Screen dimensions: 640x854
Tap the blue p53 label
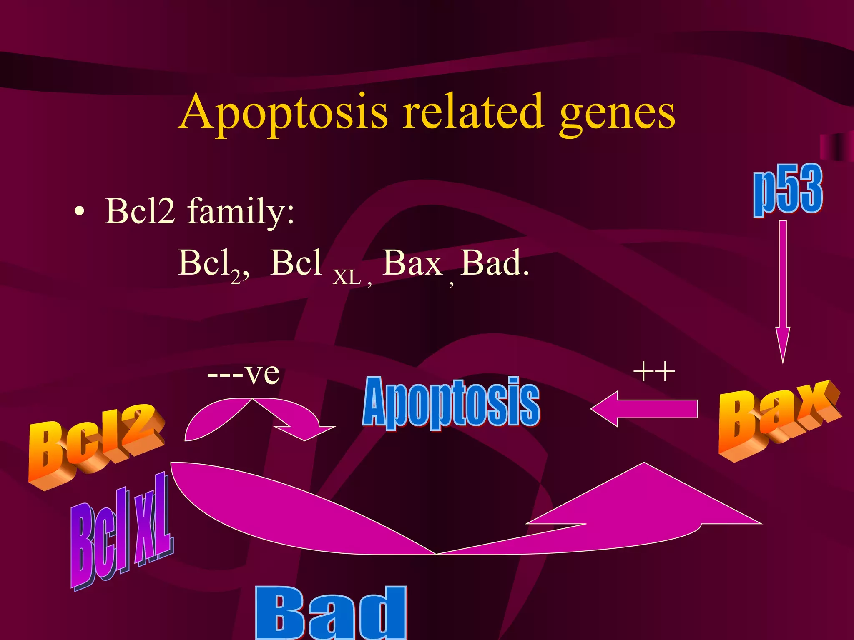(787, 190)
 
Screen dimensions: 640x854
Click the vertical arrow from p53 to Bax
(783, 292)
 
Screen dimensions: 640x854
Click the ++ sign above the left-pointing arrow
(654, 371)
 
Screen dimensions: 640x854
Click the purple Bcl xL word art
(121, 533)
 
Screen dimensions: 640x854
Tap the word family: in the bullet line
(241, 212)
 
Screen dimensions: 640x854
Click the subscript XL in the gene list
(347, 277)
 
